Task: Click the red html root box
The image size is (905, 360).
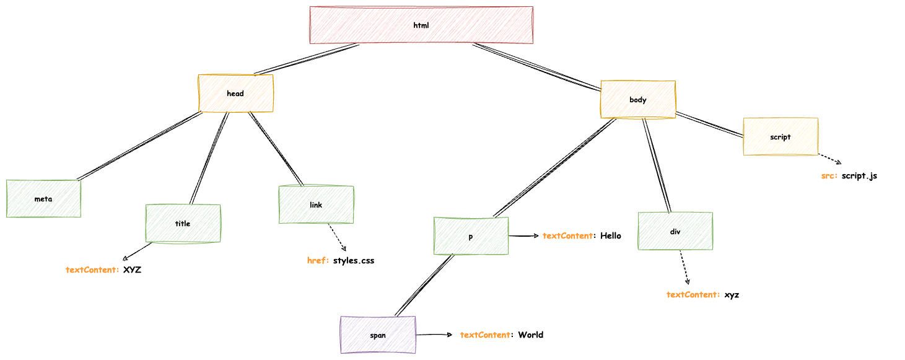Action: coord(421,25)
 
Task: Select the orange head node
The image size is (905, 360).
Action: coord(235,94)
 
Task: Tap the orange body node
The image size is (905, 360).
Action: coord(637,100)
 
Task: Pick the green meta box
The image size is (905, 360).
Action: coord(43,199)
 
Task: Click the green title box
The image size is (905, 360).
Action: coord(183,224)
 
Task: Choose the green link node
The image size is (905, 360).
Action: coord(316,205)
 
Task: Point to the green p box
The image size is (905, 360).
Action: coord(471,236)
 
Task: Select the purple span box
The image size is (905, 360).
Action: coord(378,335)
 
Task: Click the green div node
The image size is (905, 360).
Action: coord(675,231)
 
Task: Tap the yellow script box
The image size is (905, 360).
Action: coord(780,137)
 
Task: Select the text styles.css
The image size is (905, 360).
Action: coord(354,260)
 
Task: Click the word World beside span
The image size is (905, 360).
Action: coord(531,335)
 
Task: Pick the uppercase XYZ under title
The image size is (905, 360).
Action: coord(132,270)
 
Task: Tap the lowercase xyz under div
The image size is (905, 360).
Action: coord(732,294)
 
